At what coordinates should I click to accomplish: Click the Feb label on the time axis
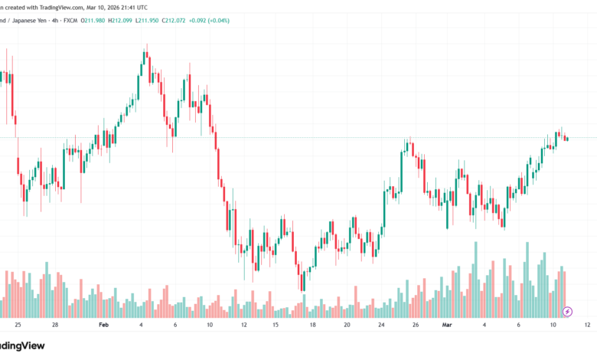[103, 324]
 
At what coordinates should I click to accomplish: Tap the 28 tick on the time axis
[55, 324]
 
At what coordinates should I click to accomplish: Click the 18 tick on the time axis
[313, 324]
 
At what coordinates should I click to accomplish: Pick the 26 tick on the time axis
[416, 324]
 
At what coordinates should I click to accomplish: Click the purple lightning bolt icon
[567, 312]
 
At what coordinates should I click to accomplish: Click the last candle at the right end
[567, 139]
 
